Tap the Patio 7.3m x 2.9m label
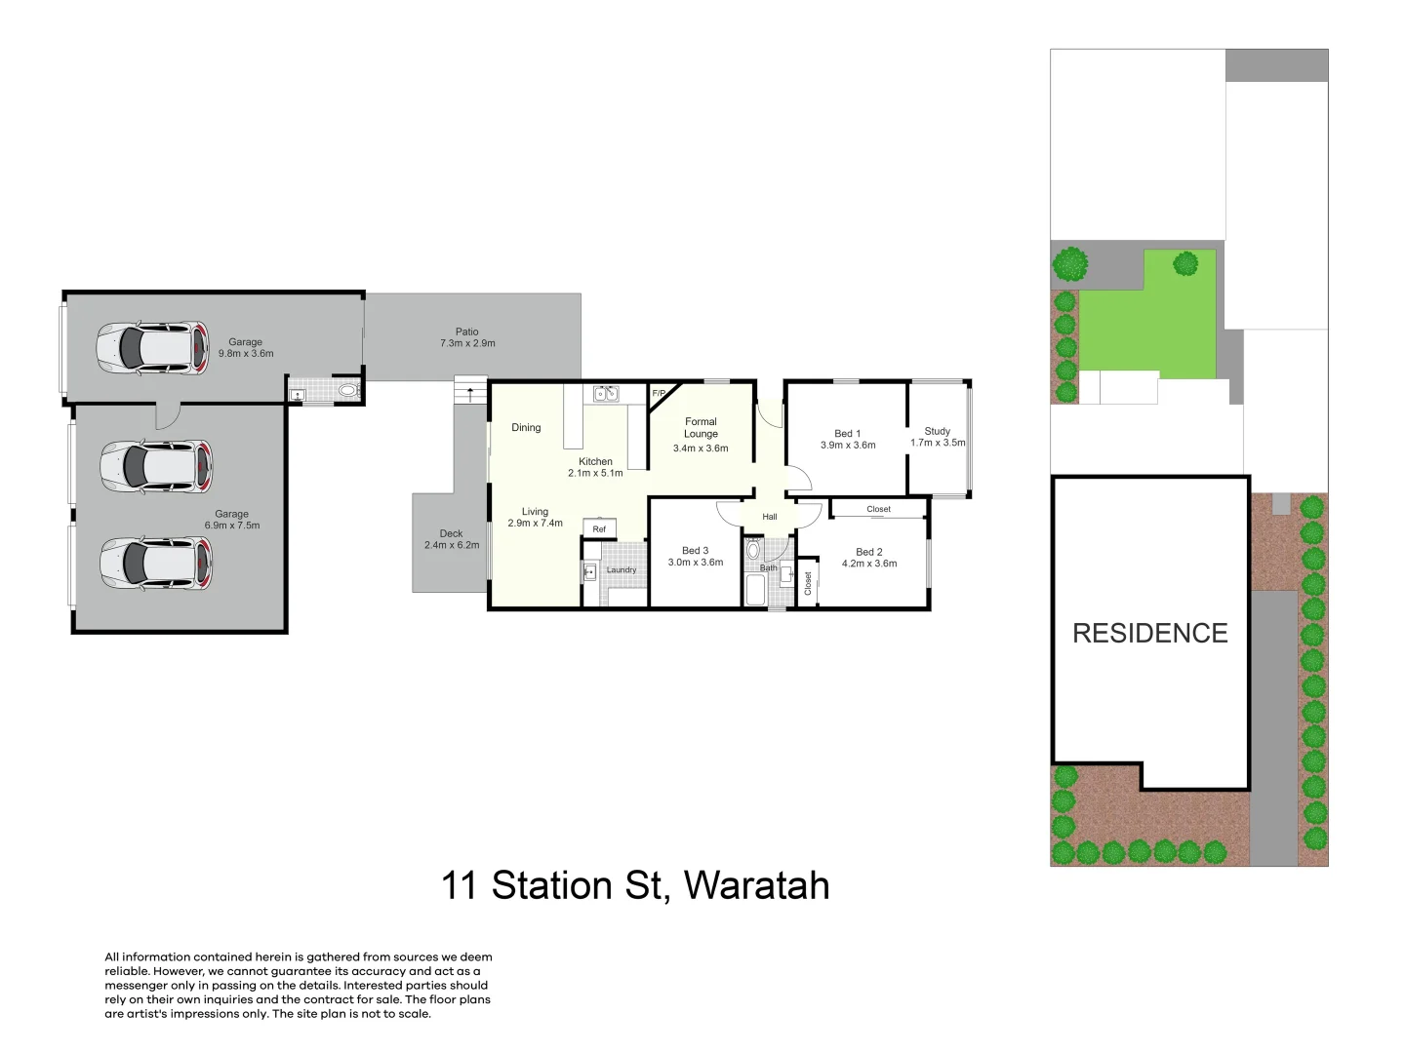(467, 337)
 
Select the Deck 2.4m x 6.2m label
(451, 539)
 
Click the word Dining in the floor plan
(526, 427)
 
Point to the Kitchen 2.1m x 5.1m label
(595, 467)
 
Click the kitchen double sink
(607, 394)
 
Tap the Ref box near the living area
(599, 528)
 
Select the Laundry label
(622, 570)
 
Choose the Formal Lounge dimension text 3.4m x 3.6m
(701, 448)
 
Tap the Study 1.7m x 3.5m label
(938, 437)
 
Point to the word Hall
(770, 517)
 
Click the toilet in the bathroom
(752, 550)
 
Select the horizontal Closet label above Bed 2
(878, 509)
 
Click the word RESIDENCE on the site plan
(1150, 634)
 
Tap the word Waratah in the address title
(756, 885)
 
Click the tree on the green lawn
(1185, 263)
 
